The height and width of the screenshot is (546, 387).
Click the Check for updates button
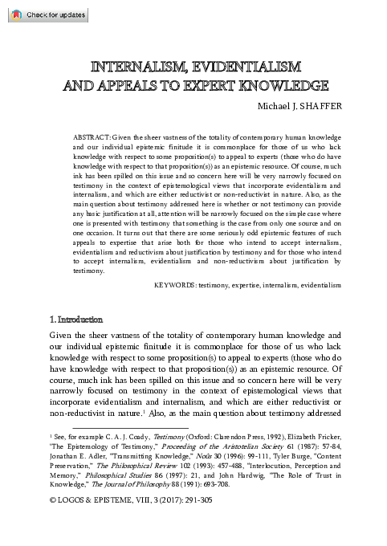click(43, 14)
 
